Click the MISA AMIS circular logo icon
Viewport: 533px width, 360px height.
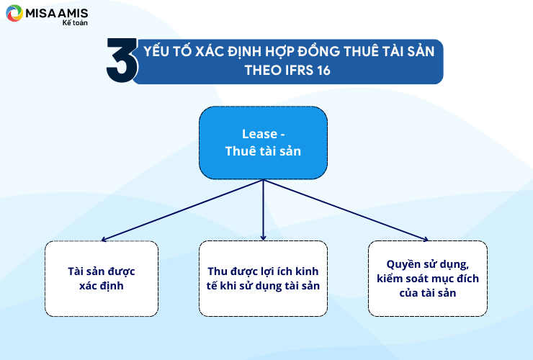coord(14,13)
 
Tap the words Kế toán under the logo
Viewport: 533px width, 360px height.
coord(75,23)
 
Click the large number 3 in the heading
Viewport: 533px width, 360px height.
coord(122,60)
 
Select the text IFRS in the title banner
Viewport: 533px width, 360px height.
coord(299,71)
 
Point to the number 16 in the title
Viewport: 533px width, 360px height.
coord(323,71)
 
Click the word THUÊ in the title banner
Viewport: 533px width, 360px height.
coord(362,51)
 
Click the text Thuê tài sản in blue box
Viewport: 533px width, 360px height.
coord(263,151)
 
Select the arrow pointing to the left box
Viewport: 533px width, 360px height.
coord(182,210)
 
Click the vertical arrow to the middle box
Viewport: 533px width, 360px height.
coord(263,210)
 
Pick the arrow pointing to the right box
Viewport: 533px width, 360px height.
coord(346,210)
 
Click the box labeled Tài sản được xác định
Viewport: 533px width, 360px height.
coord(102,279)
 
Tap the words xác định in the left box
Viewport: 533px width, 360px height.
coord(102,286)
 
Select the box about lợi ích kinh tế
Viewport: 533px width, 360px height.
coord(263,279)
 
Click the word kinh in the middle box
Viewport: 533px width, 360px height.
coord(307,271)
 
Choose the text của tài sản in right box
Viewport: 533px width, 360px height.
coord(428,293)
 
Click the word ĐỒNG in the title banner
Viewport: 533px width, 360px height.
coord(318,51)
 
